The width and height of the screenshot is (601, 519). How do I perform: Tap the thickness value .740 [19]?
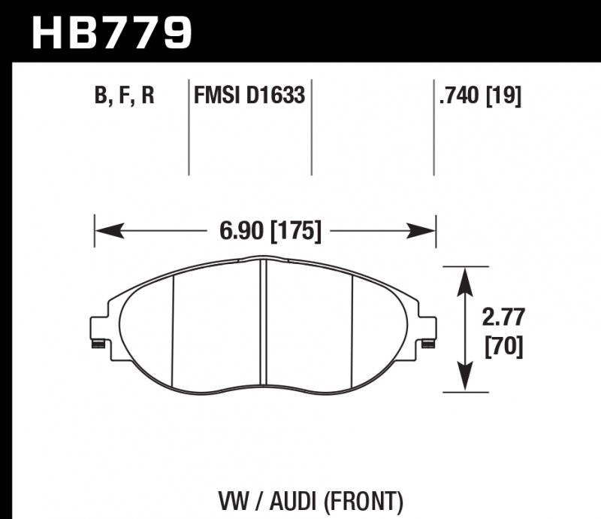coord(479,97)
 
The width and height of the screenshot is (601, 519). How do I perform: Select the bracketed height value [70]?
coord(498,348)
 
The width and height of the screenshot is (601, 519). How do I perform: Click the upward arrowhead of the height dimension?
coord(466,278)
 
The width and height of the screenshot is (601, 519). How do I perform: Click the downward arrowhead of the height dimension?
coord(466,381)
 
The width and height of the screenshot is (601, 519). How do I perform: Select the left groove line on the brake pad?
coord(172,331)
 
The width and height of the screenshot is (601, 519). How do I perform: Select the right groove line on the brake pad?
coord(352,331)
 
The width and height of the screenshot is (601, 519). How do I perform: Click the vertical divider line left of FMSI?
coord(188,128)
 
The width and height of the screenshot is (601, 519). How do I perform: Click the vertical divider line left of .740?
coord(433,128)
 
